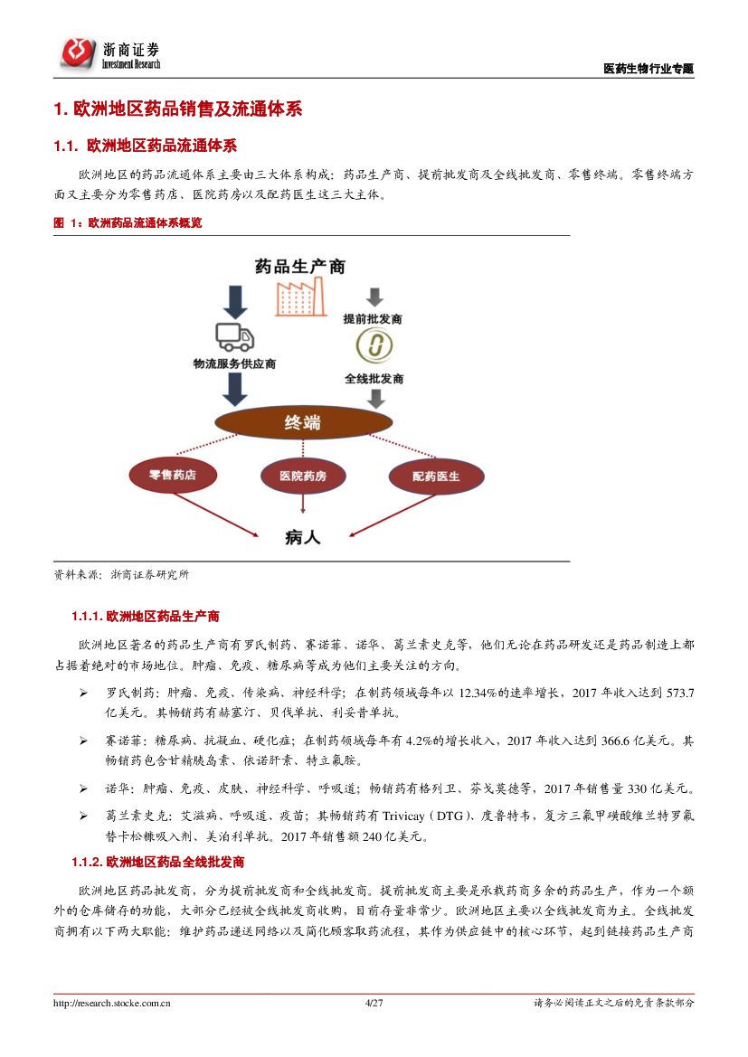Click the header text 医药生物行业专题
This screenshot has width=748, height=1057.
(649, 69)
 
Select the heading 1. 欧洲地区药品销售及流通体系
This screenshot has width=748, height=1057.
(177, 109)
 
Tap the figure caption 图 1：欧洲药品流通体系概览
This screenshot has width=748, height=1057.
(128, 222)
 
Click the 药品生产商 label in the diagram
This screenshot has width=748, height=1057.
(299, 266)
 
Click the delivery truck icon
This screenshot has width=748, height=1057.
(234, 336)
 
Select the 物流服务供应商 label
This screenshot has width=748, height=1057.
(234, 363)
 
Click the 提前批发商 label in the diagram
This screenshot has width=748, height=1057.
(373, 319)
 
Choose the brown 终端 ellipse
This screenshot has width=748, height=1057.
(301, 422)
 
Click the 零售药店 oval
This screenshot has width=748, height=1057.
(173, 475)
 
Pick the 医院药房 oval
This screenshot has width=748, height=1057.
(303, 476)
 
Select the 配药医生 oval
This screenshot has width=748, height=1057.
(436, 476)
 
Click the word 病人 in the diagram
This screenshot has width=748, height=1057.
(302, 537)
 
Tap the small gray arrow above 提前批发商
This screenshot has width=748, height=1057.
(374, 297)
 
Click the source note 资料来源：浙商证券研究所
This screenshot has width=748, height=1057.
(121, 574)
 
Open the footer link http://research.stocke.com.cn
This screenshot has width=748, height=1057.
(112, 1003)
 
